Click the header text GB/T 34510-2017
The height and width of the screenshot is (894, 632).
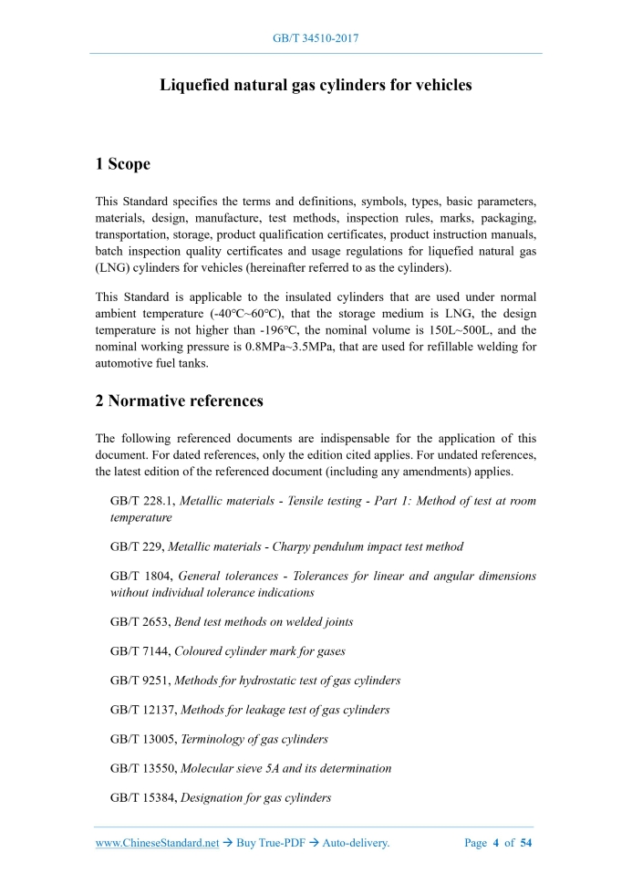[x=316, y=38]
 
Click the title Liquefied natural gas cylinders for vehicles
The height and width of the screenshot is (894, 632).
[x=316, y=86]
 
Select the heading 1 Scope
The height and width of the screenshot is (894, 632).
[x=122, y=165]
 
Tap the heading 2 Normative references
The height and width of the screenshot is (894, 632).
[x=180, y=400]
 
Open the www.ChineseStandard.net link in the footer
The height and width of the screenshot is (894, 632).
[x=157, y=843]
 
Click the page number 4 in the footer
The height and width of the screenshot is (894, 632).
[x=496, y=843]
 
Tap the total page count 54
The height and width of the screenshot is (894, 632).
[x=525, y=843]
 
